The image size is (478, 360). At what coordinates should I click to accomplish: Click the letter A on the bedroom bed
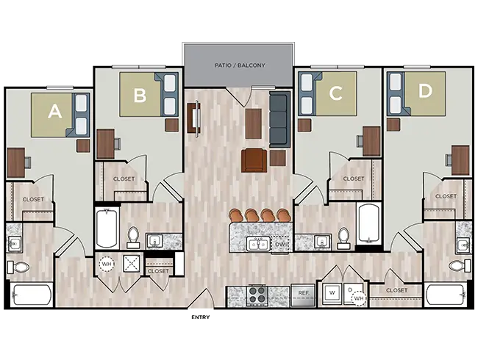[x=54, y=112]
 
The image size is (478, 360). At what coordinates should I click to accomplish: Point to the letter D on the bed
[x=425, y=92]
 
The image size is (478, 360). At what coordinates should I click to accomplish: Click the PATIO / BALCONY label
[x=240, y=65]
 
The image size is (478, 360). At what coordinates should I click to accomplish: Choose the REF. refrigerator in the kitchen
[x=302, y=293]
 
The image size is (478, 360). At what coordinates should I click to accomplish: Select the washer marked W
[x=332, y=292]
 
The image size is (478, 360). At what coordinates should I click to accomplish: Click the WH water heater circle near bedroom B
[x=107, y=263]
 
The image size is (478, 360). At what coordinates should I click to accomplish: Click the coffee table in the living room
[x=254, y=123]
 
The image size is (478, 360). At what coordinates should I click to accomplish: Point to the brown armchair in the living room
[x=254, y=159]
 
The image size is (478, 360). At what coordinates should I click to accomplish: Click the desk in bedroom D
[x=460, y=159]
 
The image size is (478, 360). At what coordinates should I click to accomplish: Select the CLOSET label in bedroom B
[x=124, y=179]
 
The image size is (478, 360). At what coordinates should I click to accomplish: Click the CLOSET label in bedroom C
[x=353, y=179]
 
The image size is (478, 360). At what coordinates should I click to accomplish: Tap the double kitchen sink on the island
[x=257, y=244]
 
